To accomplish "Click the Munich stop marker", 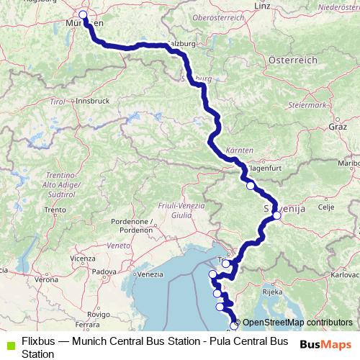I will click(83, 14).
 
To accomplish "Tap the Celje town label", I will click(326, 207).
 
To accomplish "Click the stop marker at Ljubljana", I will click(276, 215).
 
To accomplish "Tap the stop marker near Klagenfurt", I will click(251, 186).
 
